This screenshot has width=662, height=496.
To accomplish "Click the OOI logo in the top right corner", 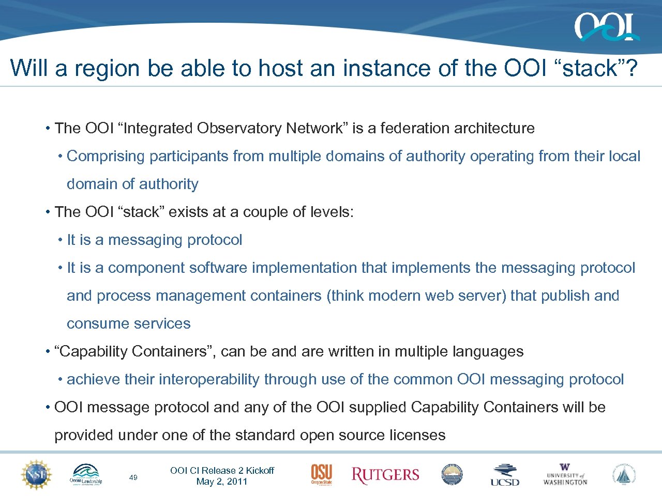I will [606, 27].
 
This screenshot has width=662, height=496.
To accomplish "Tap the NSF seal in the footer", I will [36, 474].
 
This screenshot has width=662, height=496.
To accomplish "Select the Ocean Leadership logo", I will [86, 475].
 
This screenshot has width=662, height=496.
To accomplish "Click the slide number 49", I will [133, 477].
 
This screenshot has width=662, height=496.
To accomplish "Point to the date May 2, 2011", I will [222, 482].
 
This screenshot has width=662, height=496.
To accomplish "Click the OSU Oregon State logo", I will [321, 474].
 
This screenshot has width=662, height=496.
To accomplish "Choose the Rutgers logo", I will [385, 475].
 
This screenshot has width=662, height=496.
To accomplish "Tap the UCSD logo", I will [505, 475].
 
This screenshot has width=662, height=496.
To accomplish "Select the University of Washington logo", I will [565, 475].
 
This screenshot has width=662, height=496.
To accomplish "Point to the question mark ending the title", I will [632, 68].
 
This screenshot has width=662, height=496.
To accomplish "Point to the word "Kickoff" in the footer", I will [260, 470].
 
